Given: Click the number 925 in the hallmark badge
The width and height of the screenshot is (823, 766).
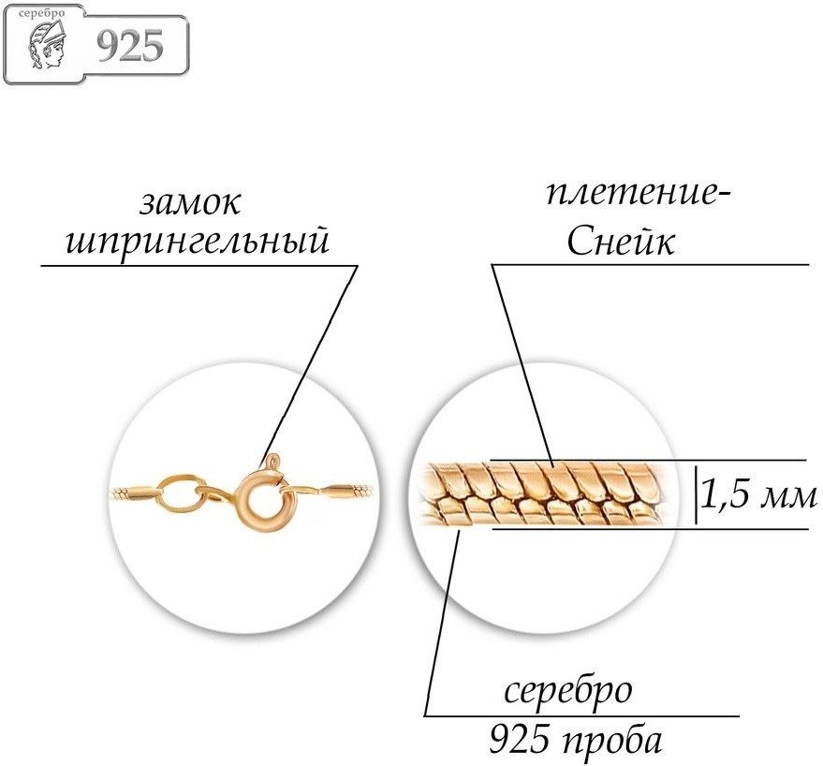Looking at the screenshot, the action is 130,46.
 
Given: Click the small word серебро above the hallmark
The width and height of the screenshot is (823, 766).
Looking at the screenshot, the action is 41,12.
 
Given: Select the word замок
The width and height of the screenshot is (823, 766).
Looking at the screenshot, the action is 190,204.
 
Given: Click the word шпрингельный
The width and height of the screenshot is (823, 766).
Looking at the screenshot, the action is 198,242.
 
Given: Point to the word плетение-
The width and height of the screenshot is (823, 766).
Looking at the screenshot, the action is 639,194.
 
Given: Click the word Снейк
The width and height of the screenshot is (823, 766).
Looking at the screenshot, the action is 621,242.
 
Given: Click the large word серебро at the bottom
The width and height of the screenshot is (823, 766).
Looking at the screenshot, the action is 568,692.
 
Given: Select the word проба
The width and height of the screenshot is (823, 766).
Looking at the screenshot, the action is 612,742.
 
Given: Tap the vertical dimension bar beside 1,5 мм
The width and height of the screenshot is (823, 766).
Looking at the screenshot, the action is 697,494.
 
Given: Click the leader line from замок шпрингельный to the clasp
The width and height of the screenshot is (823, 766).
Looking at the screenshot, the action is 309,365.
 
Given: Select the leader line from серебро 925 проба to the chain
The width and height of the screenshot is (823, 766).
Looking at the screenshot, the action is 442,623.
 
